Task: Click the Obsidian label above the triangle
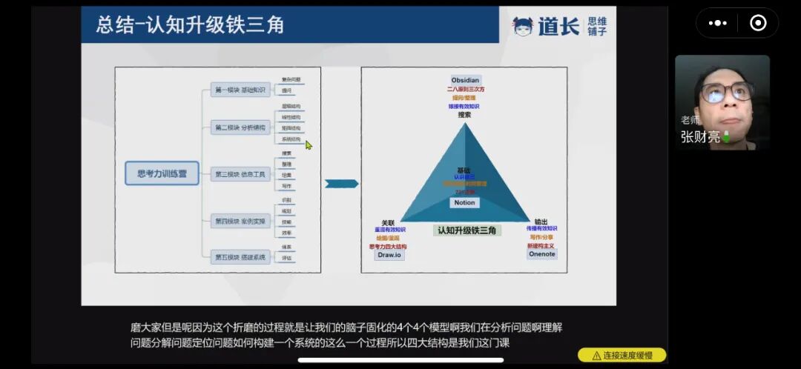tap(466, 80)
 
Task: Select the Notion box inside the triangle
tap(464, 202)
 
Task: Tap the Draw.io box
tap(389, 255)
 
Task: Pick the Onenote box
tap(541, 254)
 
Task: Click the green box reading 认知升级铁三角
tap(467, 230)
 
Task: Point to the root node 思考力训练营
tap(162, 173)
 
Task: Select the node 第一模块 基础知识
tap(240, 90)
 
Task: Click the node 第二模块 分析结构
tap(240, 127)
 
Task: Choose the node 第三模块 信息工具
tap(240, 175)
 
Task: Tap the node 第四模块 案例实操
tap(240, 221)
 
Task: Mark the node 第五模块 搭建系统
tap(240, 257)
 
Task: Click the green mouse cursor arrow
tap(309, 144)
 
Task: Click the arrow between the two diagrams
tap(341, 183)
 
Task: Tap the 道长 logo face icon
tap(523, 27)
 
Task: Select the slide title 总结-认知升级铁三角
tap(190, 25)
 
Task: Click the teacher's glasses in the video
tap(727, 92)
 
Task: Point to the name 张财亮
tap(700, 137)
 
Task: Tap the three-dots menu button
tap(717, 23)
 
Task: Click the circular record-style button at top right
tap(758, 23)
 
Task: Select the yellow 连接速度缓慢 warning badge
tap(622, 356)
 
